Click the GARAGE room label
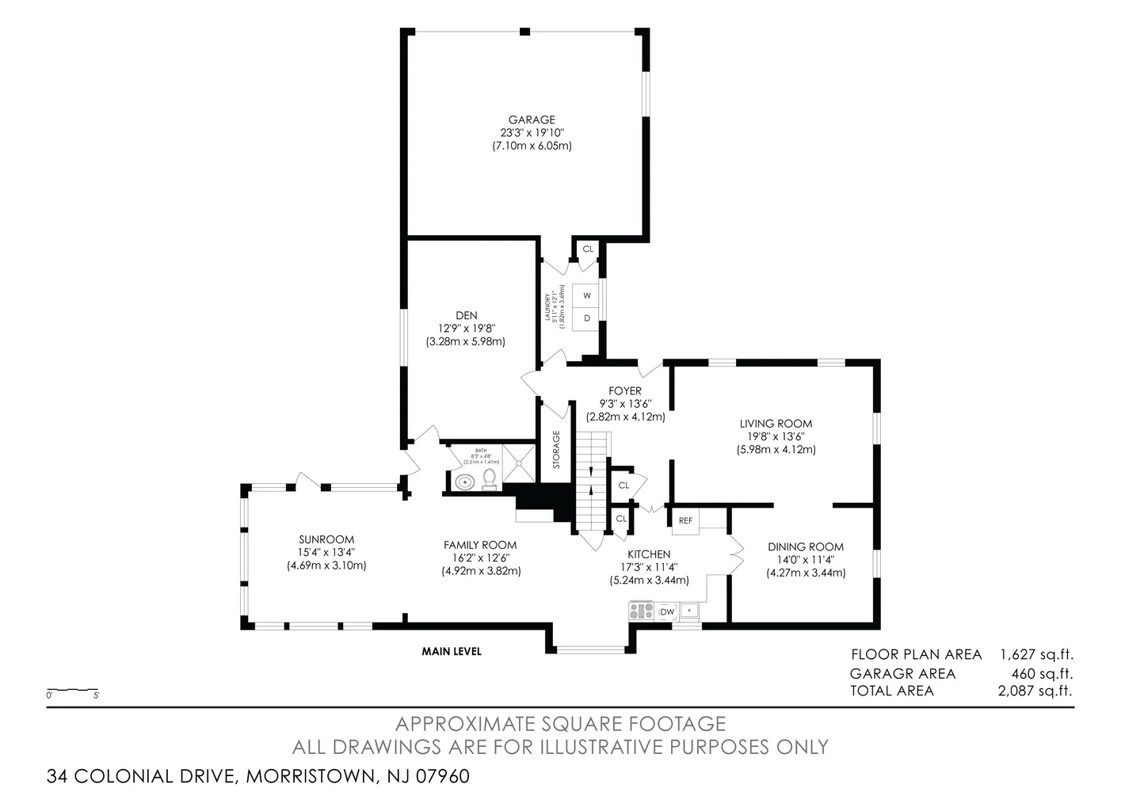532,120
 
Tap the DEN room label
466,316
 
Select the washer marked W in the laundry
587,295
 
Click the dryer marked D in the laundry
587,318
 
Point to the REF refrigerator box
685,520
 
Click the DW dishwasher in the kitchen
667,611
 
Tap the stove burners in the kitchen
641,611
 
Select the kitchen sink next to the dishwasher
690,611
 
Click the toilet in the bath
490,478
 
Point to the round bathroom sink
463,481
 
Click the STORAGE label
556,449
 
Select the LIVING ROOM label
776,424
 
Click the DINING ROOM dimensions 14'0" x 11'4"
806,559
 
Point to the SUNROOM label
326,539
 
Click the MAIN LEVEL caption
452,651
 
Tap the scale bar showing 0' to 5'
72,691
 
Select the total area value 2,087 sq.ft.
1035,691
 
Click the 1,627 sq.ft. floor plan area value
1036,654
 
